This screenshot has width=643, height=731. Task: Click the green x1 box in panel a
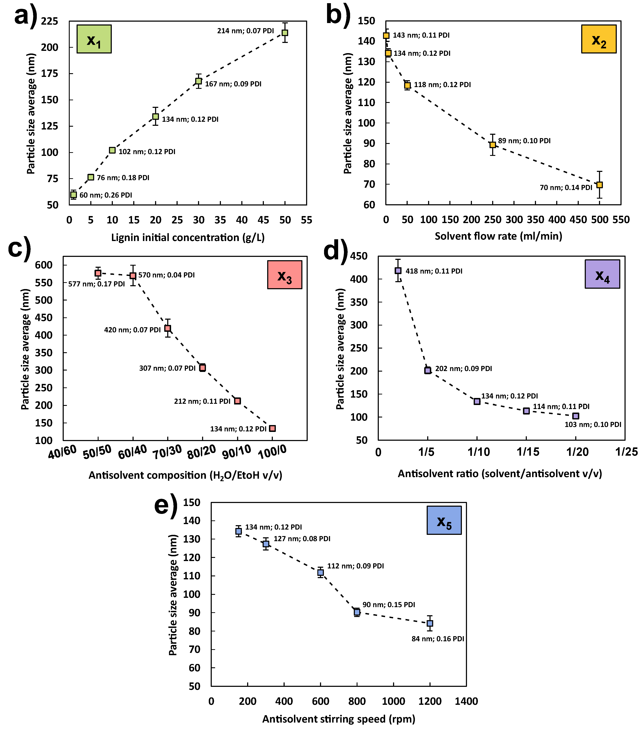94,39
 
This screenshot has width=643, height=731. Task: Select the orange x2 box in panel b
599,39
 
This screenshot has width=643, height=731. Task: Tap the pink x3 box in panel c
284,275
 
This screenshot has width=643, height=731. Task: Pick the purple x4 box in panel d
602,274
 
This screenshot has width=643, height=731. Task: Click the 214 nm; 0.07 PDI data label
246,31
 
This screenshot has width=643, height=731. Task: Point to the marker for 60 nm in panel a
73,195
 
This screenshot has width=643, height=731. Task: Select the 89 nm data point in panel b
493,144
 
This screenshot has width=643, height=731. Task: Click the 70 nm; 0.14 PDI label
566,187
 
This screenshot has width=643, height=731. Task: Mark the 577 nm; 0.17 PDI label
97,284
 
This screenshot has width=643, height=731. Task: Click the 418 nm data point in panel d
398,271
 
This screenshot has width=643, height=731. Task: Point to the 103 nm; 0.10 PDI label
593,425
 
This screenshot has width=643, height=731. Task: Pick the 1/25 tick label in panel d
626,452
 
